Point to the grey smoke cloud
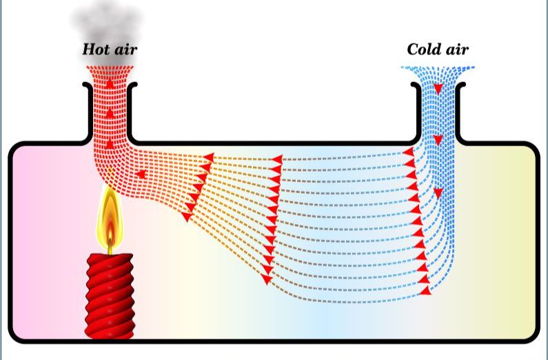107,30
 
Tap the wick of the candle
110,246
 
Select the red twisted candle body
110,296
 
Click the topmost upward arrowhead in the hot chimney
110,83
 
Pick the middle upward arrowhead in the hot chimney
110,113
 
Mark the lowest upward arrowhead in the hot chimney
110,143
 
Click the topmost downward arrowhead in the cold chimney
438,89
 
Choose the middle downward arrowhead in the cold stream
438,140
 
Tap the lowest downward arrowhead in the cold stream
438,193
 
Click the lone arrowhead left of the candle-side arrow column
141,174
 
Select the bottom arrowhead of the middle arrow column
267,279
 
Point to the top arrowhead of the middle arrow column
277,160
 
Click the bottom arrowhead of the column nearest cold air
425,290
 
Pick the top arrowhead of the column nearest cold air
408,152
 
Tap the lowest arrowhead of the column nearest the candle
187,217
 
